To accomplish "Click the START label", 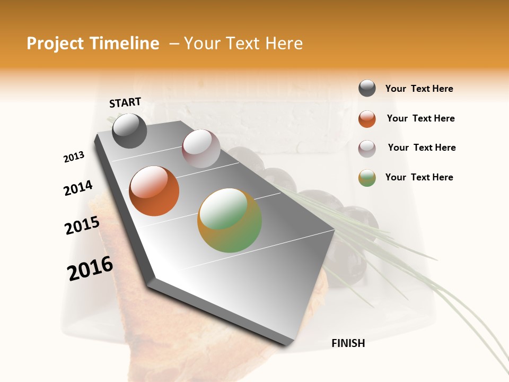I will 125,102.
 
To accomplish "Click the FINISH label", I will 348,343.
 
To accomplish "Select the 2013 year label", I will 74,157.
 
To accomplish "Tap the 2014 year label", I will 78,188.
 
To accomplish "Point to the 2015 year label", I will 82,225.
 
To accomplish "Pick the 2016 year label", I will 90,268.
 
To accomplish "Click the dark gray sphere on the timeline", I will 130,131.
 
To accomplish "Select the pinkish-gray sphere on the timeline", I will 201,149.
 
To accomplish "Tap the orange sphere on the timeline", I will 154,191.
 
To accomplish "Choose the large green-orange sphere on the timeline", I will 230,220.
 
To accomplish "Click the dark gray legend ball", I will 367,89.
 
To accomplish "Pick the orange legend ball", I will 367,119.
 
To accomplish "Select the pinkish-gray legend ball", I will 367,148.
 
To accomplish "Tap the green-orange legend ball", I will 367,178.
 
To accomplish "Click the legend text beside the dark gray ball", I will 419,89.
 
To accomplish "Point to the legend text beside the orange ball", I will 420,118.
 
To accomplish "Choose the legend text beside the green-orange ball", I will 419,177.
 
